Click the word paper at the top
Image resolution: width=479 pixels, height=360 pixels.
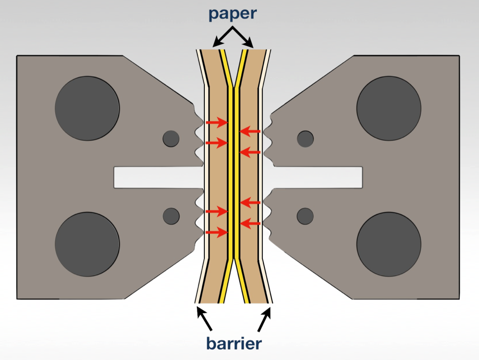[233, 13]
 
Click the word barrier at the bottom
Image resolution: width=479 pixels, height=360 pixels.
[233, 344]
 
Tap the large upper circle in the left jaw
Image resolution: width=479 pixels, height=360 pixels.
[87, 109]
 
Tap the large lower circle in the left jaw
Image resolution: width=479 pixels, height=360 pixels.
[87, 244]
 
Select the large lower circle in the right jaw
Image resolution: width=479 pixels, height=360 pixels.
[389, 244]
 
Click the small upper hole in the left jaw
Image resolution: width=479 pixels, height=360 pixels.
[171, 138]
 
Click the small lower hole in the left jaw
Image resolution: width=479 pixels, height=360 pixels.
[171, 215]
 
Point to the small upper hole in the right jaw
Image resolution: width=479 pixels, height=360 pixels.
[305, 138]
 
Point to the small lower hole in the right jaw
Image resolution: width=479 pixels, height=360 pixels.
[305, 215]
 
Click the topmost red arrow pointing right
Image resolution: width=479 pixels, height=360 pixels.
[217, 123]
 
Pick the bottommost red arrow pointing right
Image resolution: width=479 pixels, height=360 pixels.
[217, 232]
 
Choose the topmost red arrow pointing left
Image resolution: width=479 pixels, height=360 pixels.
[250, 132]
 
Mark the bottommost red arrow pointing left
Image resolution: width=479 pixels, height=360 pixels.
[250, 223]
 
